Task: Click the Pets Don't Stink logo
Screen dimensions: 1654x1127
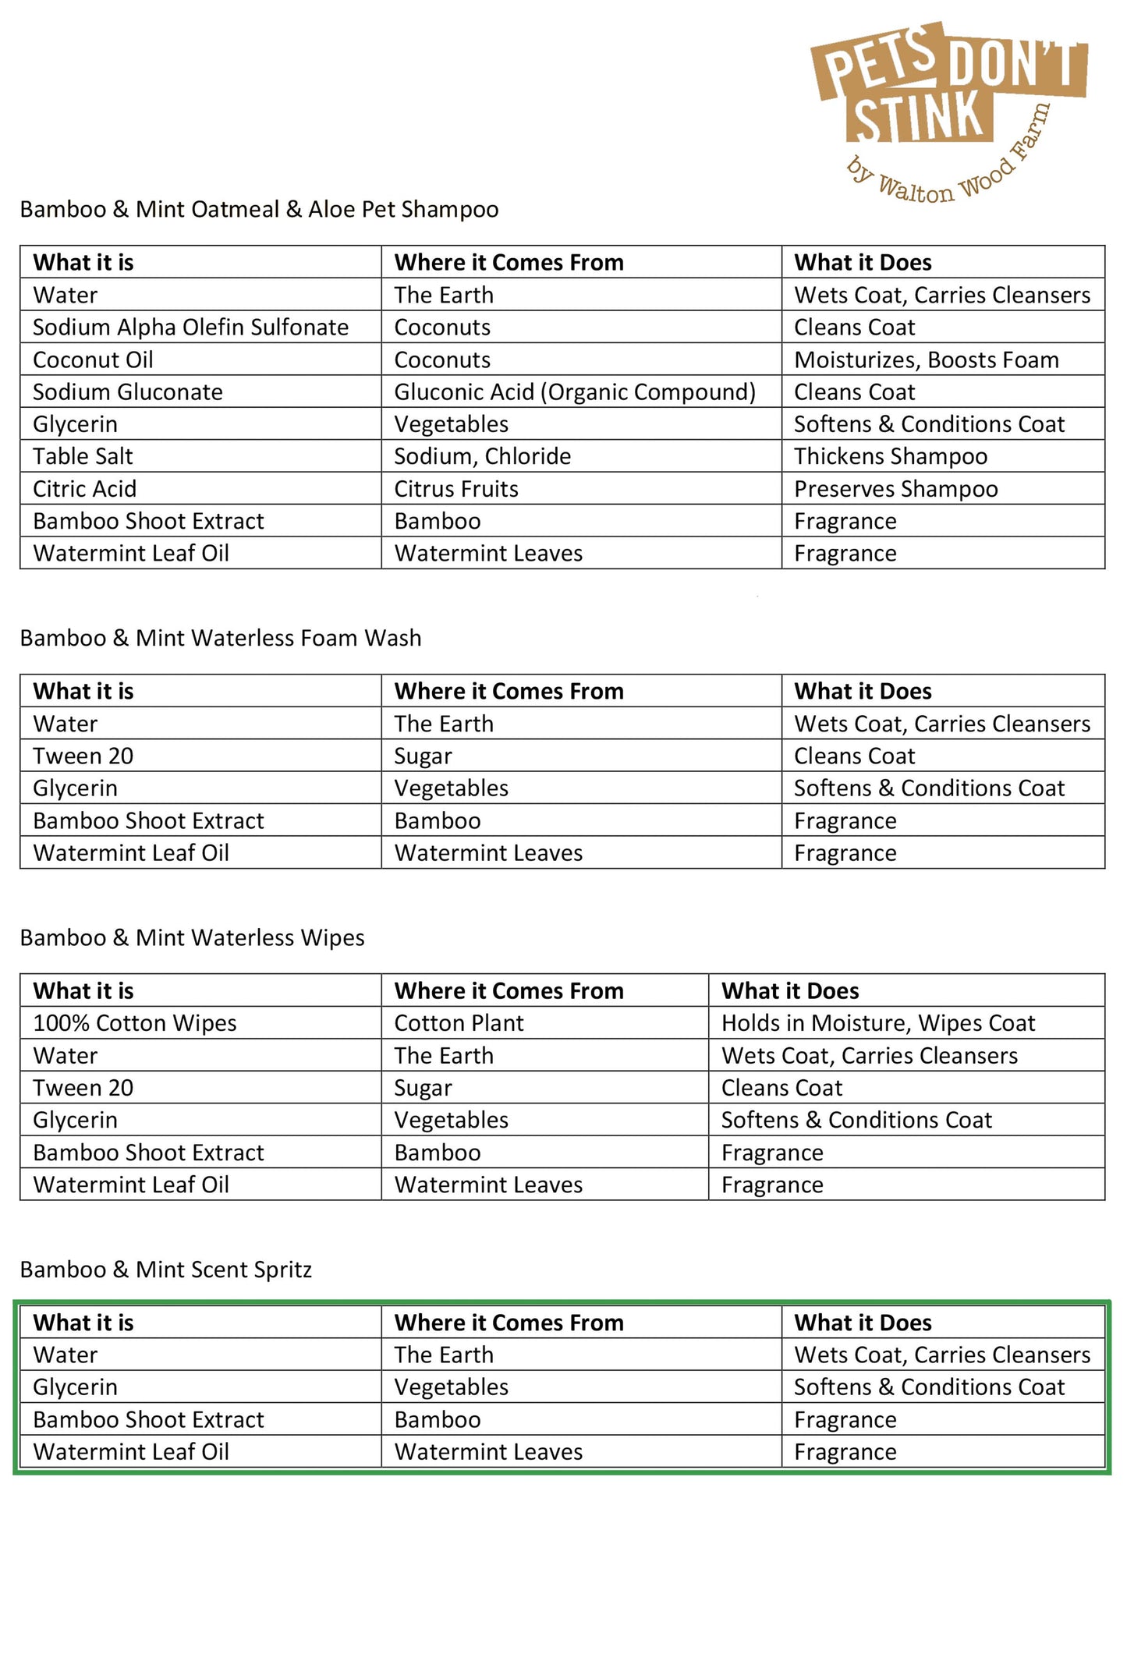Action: tap(948, 109)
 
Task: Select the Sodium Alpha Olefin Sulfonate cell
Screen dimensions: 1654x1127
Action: tap(190, 328)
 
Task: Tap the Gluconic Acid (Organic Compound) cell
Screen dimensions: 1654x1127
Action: tap(574, 392)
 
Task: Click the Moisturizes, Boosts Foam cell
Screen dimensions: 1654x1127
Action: tap(926, 360)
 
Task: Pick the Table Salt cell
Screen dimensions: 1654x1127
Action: tap(83, 456)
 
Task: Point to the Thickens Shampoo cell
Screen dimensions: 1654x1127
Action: tap(890, 456)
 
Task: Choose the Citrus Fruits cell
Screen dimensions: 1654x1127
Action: tap(455, 489)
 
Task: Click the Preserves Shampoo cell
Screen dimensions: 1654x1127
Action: tap(895, 489)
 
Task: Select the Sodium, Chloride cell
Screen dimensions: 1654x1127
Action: tap(482, 456)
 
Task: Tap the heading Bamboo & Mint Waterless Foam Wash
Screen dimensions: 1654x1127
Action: tap(220, 638)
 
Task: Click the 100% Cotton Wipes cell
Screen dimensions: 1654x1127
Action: tap(134, 1023)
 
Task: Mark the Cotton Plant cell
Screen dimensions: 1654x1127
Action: tap(459, 1023)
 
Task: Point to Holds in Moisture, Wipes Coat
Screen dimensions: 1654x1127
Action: tap(877, 1023)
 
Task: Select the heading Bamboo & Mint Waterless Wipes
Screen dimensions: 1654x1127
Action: tap(192, 938)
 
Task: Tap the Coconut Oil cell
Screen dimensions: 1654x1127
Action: tap(93, 360)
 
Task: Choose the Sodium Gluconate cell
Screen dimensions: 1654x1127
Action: tap(127, 392)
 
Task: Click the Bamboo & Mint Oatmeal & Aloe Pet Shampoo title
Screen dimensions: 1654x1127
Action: tap(259, 210)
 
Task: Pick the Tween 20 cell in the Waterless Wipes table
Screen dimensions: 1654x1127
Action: tap(83, 1088)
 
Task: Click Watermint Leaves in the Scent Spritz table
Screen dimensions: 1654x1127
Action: tap(488, 1452)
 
